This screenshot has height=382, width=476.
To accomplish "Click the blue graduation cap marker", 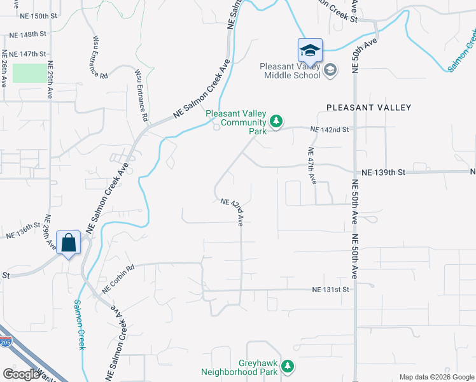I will click(x=310, y=50).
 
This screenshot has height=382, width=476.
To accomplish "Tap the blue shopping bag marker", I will click(x=69, y=243).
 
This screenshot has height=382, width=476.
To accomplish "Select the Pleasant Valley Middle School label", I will click(x=292, y=71).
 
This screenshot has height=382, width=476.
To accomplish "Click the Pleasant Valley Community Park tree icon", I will click(x=276, y=120).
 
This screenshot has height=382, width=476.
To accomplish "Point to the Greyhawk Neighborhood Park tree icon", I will click(x=288, y=366).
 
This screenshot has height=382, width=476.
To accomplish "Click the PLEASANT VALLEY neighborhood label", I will click(x=369, y=108).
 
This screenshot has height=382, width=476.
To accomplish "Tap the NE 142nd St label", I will click(x=330, y=129).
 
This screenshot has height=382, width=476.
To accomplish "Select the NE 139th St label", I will click(x=383, y=173).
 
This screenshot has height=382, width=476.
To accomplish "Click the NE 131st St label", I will click(x=331, y=290).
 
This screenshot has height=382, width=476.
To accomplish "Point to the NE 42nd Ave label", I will click(x=233, y=212).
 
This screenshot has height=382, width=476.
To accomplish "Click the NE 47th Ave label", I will click(x=312, y=166).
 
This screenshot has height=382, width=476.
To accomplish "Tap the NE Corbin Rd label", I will click(x=118, y=278).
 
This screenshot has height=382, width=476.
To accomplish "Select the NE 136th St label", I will click(x=24, y=230).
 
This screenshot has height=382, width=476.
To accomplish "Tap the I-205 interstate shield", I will click(x=4, y=342).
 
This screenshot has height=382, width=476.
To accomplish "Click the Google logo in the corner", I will click(x=21, y=374).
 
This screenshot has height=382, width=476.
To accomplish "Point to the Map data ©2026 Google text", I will click(x=437, y=377).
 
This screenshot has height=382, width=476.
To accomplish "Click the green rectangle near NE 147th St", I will click(x=29, y=72).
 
